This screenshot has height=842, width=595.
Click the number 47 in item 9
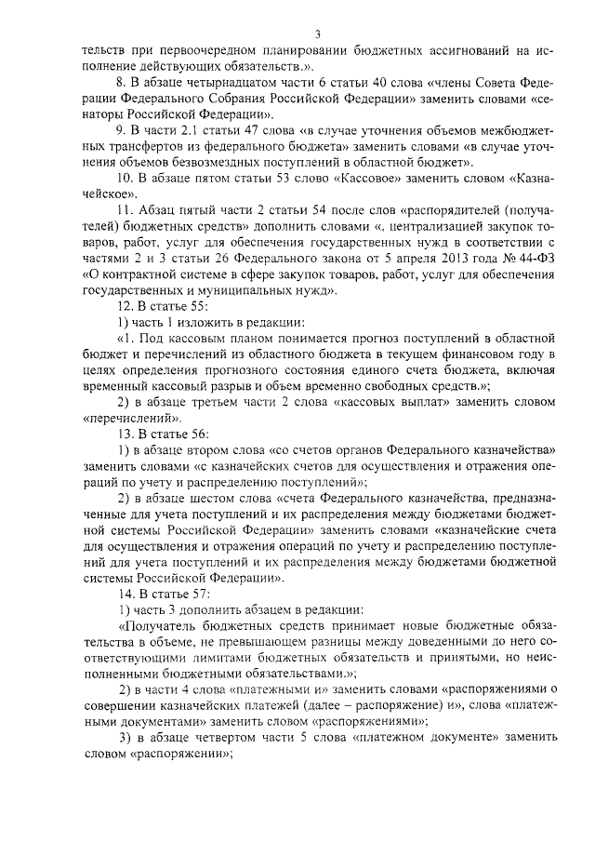coord(250,132)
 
